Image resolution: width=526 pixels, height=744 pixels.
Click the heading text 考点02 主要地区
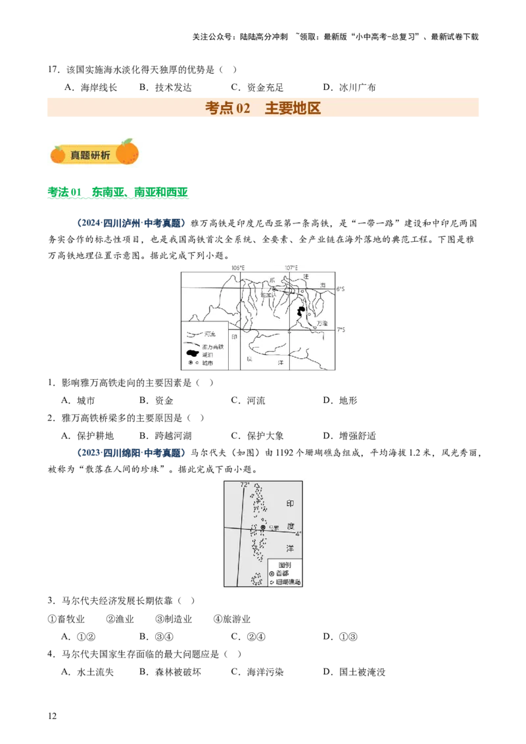click(x=263, y=108)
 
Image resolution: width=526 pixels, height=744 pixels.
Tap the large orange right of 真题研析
click(x=128, y=152)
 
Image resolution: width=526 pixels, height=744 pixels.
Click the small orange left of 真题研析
click(x=58, y=154)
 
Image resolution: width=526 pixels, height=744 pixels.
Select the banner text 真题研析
click(x=90, y=155)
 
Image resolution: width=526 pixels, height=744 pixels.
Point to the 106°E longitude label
click(x=237, y=267)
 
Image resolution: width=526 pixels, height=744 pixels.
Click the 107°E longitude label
click(x=291, y=267)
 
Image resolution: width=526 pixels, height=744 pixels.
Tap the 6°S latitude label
click(x=341, y=289)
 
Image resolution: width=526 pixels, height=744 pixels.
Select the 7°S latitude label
click(x=341, y=330)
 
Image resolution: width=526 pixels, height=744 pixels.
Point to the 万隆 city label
click(x=322, y=323)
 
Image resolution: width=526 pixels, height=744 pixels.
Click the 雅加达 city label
click(x=268, y=295)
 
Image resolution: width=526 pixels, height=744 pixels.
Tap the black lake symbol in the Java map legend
click(x=192, y=354)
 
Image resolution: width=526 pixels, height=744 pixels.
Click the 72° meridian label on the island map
click(x=244, y=485)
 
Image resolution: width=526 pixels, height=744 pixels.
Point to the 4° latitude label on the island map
click(x=298, y=534)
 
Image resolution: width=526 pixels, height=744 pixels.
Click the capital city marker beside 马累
click(x=263, y=527)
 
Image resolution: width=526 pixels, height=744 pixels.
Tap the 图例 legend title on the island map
click(x=285, y=565)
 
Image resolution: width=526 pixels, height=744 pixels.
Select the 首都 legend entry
click(x=282, y=573)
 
